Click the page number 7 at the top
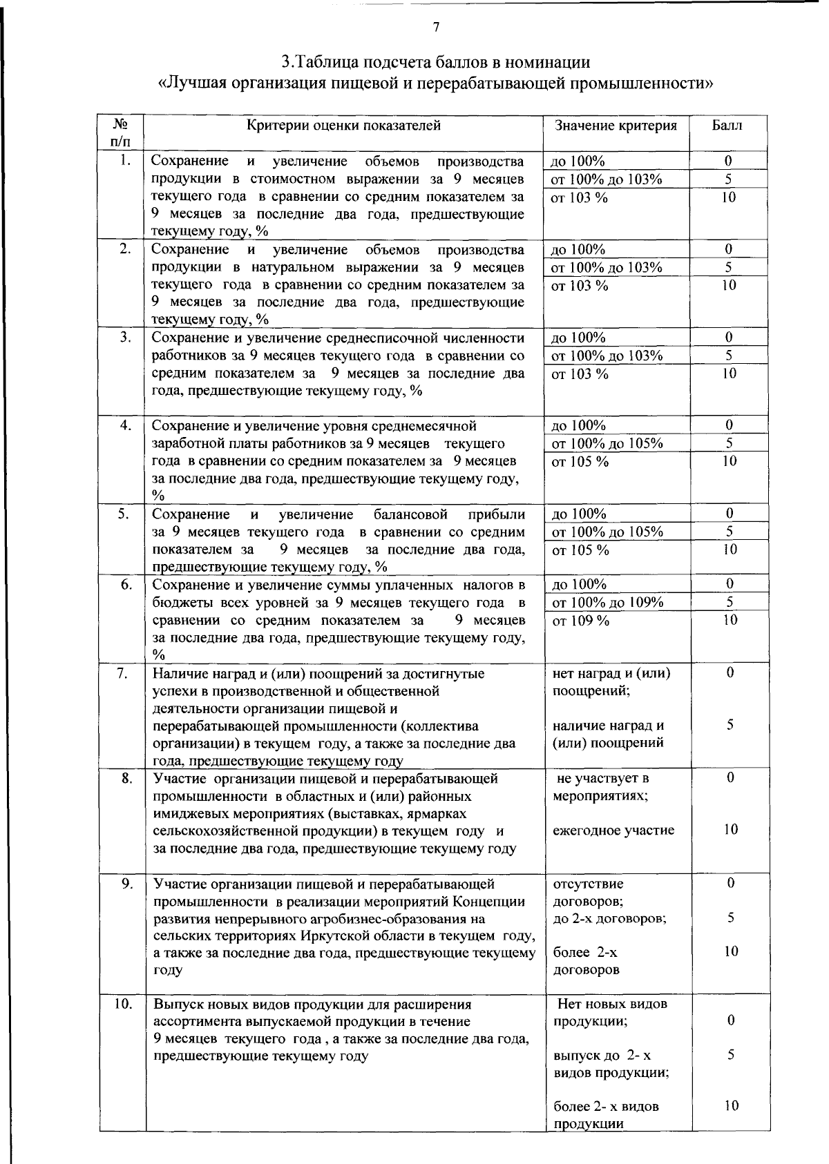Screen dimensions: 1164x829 coord(436,28)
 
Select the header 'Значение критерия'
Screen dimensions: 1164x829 coord(616,126)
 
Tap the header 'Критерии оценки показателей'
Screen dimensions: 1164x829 coord(343,125)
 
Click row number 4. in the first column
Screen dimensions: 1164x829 coord(125,425)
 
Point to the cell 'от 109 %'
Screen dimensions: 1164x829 coord(580,621)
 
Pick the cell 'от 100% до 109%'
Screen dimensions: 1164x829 coord(608,603)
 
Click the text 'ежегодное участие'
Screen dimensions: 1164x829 coord(613,831)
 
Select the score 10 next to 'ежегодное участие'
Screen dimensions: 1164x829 coord(731,830)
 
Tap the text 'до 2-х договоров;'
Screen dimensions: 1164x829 coord(610,919)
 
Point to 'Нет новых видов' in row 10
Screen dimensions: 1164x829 coord(612,1004)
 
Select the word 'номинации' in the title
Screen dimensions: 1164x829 coord(551,62)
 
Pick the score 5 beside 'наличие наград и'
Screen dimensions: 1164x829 coord(730,725)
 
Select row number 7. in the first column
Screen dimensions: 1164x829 coord(125,673)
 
